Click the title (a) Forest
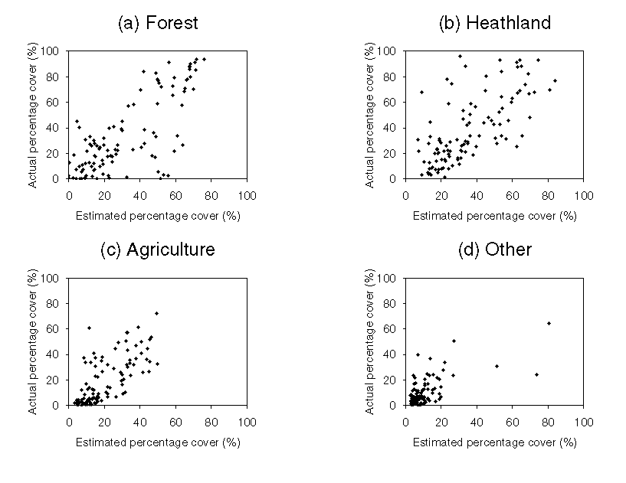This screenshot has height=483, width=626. click(157, 23)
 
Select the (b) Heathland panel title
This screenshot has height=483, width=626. click(494, 23)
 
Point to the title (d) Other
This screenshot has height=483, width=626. click(494, 250)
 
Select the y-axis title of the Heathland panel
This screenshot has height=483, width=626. click(369, 115)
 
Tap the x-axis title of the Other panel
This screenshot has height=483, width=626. click(494, 442)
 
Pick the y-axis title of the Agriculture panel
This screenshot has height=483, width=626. click(33, 341)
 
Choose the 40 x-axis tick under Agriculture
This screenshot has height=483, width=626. click(140, 422)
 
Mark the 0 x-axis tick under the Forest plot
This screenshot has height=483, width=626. click(69, 195)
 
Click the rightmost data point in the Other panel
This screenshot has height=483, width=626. click(549, 323)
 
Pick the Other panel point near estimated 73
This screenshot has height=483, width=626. click(536, 374)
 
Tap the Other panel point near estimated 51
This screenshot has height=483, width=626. click(497, 366)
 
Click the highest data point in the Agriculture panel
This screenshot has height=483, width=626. click(156, 313)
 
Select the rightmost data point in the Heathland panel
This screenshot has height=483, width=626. click(555, 80)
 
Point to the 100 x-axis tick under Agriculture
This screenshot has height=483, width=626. click(247, 422)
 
